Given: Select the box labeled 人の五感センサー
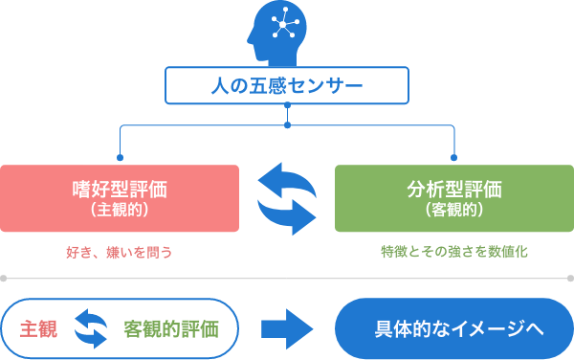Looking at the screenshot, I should tap(286, 86).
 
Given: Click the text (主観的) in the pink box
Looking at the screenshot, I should tap(120, 209).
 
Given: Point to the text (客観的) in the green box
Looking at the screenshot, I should tap(453, 209).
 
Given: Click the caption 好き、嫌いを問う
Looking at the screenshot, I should tap(120, 252).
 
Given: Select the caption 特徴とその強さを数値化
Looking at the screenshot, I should tap(453, 252).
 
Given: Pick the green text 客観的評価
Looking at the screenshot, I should tap(171, 328).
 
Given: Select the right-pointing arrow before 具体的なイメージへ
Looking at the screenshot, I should tap(287, 328).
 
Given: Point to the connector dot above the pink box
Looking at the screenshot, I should tap(120, 156).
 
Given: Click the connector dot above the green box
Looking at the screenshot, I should tap(453, 156).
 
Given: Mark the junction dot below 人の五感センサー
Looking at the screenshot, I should tap(287, 124).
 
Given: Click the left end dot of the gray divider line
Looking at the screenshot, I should tap(4, 279).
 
